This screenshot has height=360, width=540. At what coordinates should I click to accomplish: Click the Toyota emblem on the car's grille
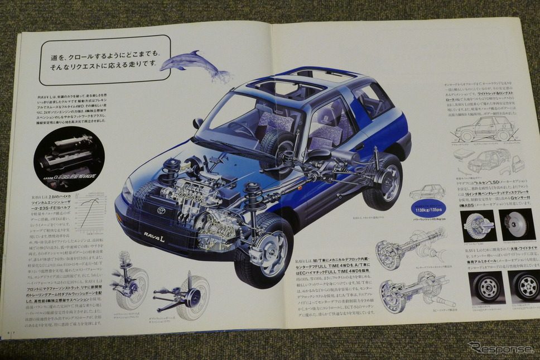(x=161, y=211)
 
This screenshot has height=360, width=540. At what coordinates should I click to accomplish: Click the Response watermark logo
(x=500, y=347)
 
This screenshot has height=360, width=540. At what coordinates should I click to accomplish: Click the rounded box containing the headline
(x=104, y=60)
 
